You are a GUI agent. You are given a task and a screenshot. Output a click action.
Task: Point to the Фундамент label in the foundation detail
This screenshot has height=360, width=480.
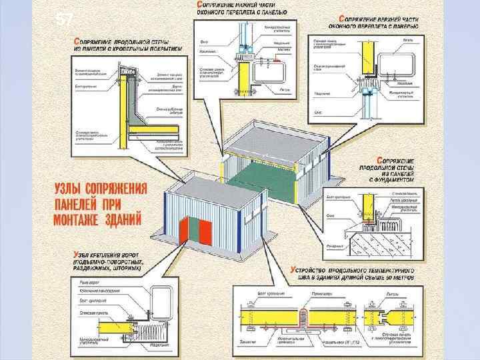point(334,246)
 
